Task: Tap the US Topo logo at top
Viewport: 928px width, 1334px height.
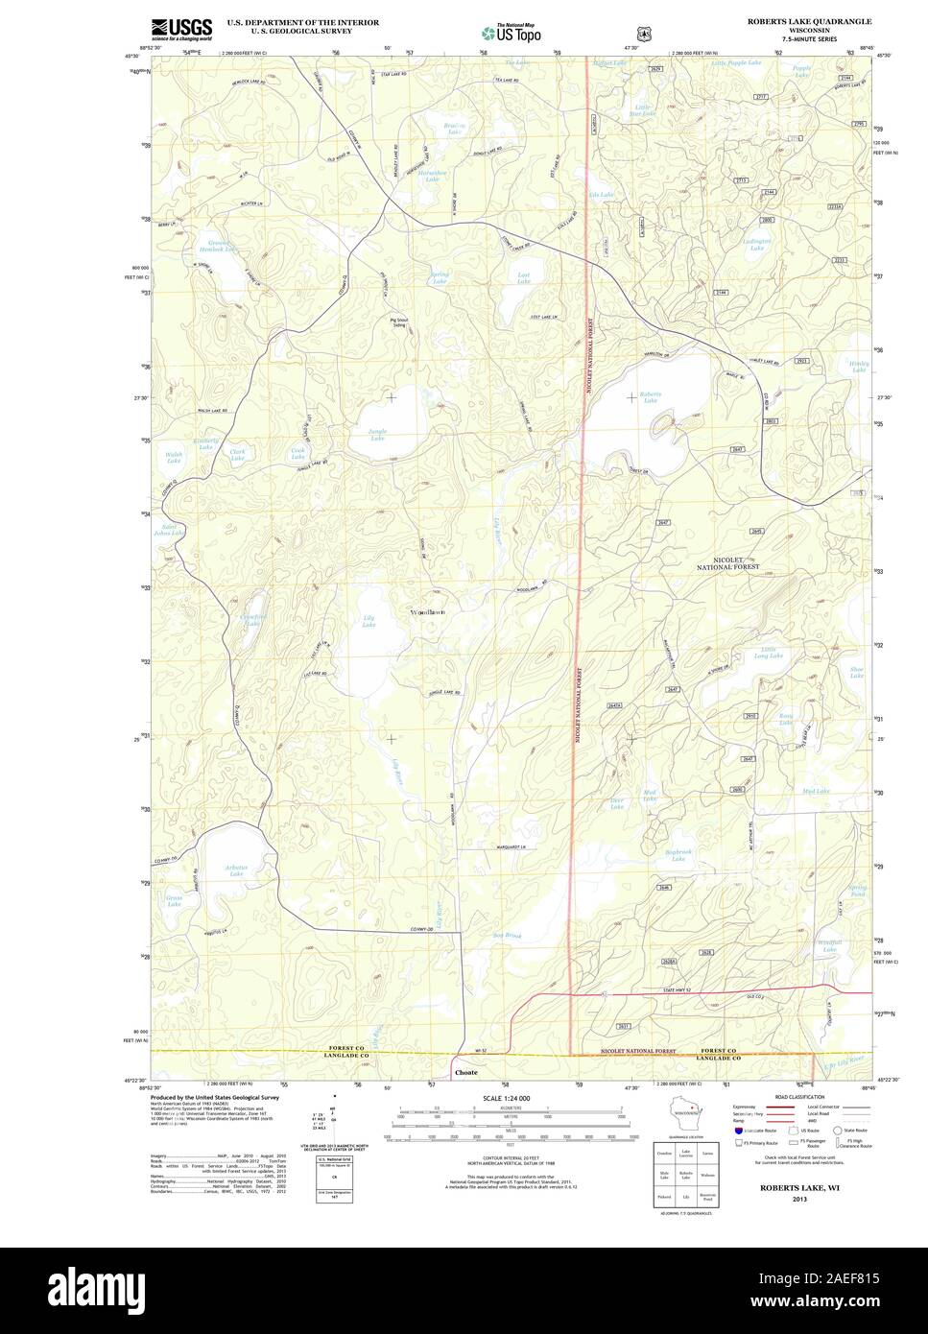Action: pos(511,32)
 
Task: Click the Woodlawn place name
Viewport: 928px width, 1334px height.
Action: pos(427,611)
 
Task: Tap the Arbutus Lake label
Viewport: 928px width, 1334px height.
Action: pos(236,870)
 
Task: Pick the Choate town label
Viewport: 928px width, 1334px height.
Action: pos(465,1072)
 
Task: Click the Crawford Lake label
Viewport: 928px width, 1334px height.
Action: pos(251,620)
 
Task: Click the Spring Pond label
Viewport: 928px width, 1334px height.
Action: pos(856,891)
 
